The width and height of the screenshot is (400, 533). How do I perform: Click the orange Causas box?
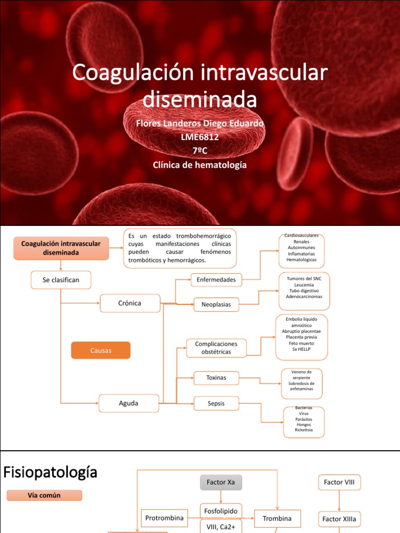(x=101, y=350)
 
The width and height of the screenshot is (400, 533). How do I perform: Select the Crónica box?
(x=130, y=303)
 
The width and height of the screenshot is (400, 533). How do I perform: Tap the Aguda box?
(x=129, y=403)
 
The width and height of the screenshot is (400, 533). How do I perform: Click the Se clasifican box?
(x=61, y=280)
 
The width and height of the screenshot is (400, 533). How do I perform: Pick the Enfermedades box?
(x=216, y=280)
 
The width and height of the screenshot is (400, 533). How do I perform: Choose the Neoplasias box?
(x=216, y=304)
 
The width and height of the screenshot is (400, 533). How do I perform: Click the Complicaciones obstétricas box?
(x=216, y=348)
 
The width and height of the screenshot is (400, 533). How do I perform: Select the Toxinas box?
(x=216, y=378)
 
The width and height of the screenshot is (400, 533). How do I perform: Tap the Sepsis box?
(x=216, y=403)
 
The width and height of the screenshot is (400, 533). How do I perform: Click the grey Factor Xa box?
(x=221, y=483)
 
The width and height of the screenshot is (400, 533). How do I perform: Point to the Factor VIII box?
(x=339, y=483)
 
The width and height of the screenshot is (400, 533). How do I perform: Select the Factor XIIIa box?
(x=339, y=519)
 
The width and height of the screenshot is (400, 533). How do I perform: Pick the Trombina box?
(x=277, y=518)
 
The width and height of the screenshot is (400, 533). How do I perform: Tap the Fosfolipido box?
(x=221, y=511)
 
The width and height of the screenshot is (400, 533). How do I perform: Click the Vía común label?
(x=44, y=496)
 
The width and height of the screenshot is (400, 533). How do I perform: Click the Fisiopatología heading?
(x=51, y=473)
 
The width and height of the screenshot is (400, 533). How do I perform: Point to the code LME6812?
(x=200, y=137)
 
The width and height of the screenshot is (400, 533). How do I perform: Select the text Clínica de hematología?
(x=200, y=165)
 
